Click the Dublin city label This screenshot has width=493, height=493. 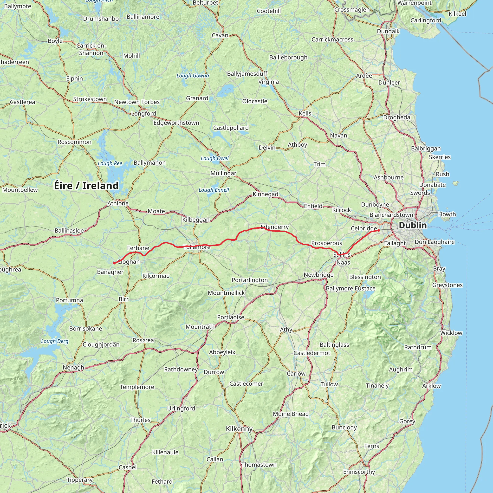click(x=413, y=225)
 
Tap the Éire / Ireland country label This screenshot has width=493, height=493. click(x=86, y=186)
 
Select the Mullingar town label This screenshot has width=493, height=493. click(x=223, y=173)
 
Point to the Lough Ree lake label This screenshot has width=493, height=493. click(x=110, y=163)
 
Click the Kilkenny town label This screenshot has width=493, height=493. click(x=239, y=429)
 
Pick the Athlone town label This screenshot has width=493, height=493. click(x=118, y=203)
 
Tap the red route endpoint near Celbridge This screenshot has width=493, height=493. click(x=379, y=230)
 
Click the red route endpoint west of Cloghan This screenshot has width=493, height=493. click(x=114, y=263)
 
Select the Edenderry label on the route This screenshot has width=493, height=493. click(x=275, y=227)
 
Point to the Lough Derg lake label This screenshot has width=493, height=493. click(x=55, y=341)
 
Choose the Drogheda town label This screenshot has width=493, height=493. click(x=396, y=117)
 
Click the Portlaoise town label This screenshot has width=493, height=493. click(x=231, y=317)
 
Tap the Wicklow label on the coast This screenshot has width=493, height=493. click(x=451, y=333)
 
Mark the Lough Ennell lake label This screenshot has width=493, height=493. click(x=214, y=190)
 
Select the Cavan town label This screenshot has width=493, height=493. click(x=220, y=35)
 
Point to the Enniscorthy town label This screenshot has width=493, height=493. click(x=359, y=472)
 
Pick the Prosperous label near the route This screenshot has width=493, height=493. click(x=327, y=243)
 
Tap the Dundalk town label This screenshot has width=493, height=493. click(x=388, y=31)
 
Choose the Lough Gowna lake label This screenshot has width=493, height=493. click(x=193, y=76)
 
